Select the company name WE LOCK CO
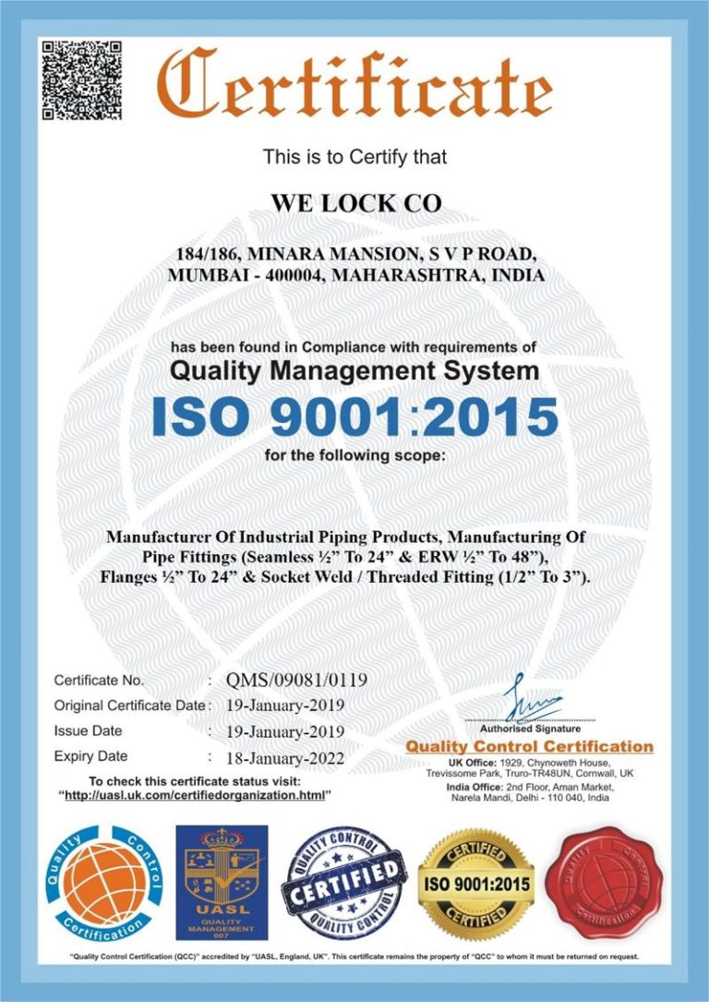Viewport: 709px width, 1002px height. pos(355,204)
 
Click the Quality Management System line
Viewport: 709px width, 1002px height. pos(355,371)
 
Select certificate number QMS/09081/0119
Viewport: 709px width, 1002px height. pos(296,681)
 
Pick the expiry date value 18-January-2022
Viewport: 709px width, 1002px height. pos(285,759)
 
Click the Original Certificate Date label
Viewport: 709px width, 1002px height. pos(128,706)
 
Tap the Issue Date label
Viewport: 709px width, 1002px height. pos(89,730)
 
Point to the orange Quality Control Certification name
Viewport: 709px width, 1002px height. pos(530,746)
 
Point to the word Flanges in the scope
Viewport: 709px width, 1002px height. pos(127,577)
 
